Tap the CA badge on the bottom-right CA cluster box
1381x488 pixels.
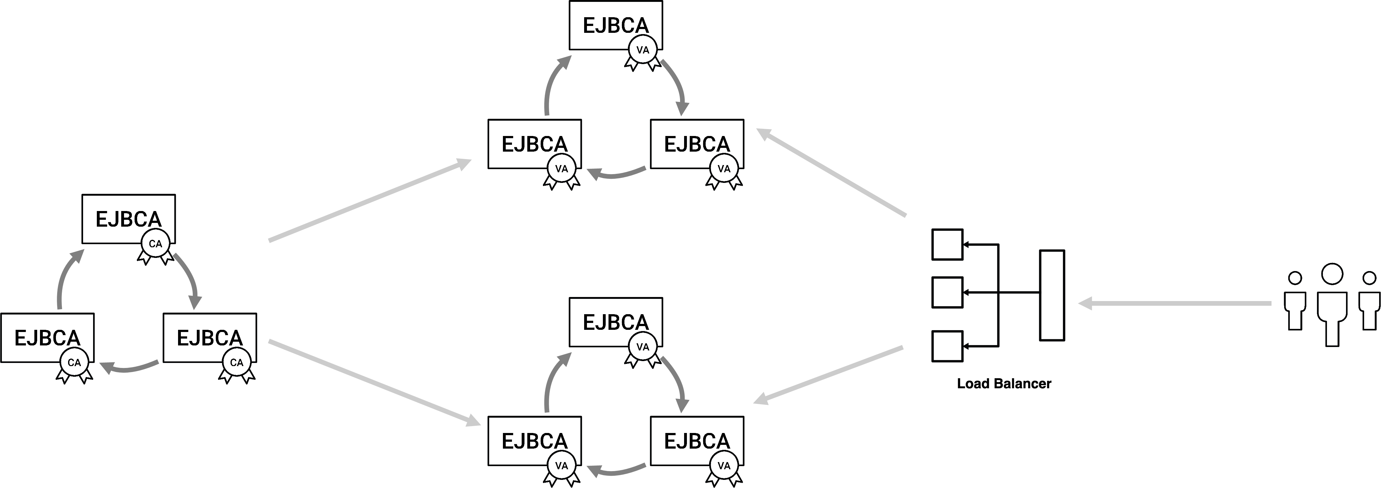(x=236, y=363)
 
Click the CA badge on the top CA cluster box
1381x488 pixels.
(x=156, y=244)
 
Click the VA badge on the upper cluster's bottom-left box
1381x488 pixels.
(x=561, y=169)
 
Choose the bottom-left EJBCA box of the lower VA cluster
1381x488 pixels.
(x=534, y=440)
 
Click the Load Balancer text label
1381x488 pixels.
(x=1004, y=383)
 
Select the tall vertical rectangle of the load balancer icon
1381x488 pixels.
(x=1052, y=295)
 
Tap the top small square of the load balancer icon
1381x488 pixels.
(x=947, y=244)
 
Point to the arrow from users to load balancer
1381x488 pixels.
(x=1174, y=304)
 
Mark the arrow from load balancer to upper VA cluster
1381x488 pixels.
(x=831, y=172)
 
